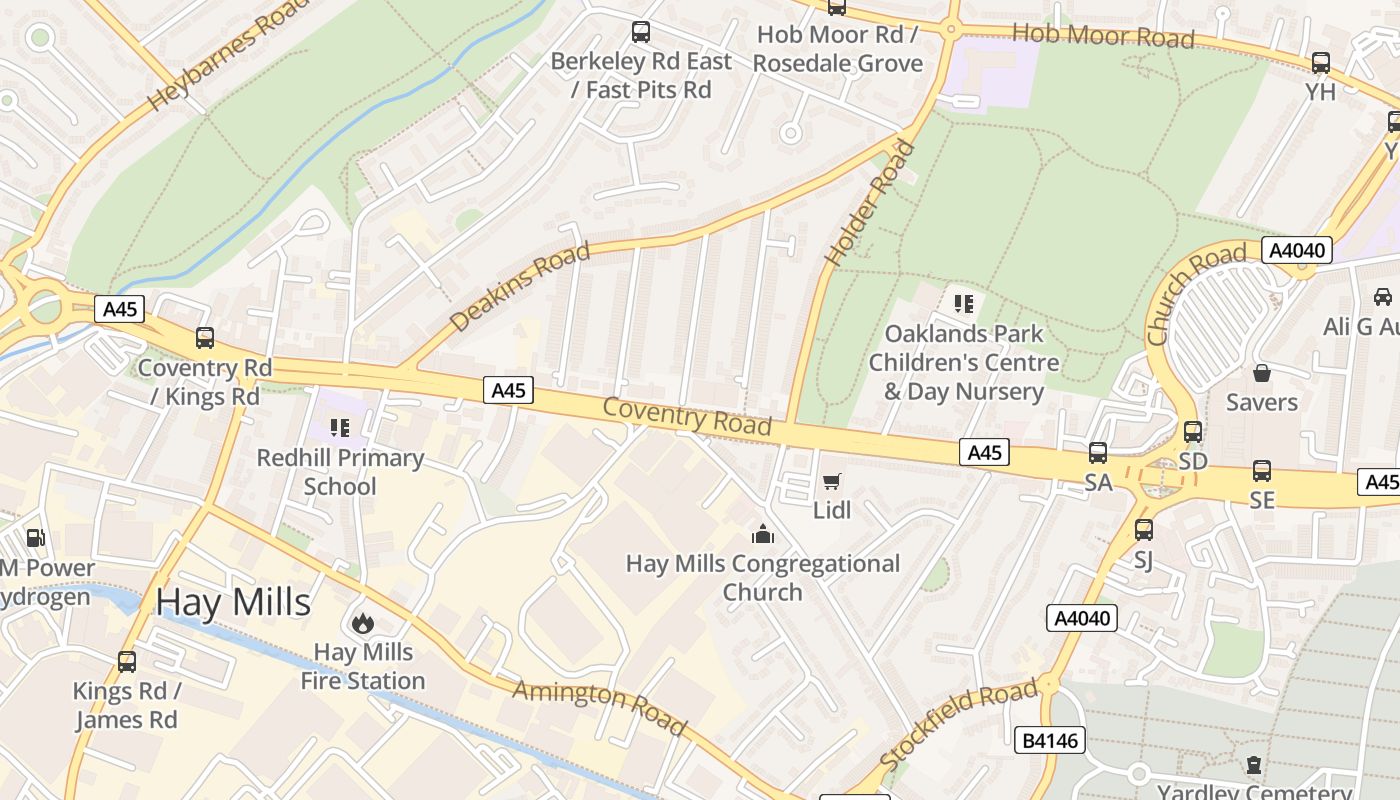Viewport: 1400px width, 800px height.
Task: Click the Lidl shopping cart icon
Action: pos(831,482)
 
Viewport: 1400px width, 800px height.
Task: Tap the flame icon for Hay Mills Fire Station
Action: pos(362,623)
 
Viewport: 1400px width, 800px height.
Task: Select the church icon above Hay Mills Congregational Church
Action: pos(763,535)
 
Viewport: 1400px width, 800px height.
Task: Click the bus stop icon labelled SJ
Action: pos(1143,530)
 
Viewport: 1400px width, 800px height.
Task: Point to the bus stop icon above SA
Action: pos(1098,453)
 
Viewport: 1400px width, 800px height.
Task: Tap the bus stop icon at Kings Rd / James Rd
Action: pos(127,662)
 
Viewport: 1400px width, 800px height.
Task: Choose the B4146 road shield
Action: pos(1050,740)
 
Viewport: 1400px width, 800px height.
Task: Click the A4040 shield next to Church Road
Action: pos(1296,250)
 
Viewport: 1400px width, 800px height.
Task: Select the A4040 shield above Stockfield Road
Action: pos(1083,618)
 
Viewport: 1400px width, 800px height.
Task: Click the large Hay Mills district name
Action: pos(233,603)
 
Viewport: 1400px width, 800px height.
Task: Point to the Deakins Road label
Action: pos(520,288)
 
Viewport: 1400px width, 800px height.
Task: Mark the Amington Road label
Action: pos(600,707)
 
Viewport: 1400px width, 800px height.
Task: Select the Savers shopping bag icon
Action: pos(1262,374)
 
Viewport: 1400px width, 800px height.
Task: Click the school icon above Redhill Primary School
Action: pos(340,429)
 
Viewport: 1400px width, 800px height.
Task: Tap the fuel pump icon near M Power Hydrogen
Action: pos(35,538)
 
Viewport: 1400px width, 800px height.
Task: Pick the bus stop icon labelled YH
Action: pos(1320,63)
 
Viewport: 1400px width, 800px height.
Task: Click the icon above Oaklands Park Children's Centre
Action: pos(963,304)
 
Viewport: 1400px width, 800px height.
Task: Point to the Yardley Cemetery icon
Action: pos(1253,766)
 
